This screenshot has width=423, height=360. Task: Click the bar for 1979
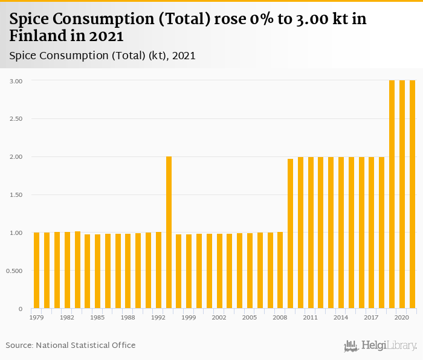36,271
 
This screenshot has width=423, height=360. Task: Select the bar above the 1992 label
158,271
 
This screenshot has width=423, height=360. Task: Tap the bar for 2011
311,233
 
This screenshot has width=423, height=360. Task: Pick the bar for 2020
402,194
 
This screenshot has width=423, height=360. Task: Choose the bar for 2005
250,271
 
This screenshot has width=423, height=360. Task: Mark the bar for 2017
372,233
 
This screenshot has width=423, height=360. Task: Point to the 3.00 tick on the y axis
16,80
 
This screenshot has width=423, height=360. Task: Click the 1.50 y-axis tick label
16,194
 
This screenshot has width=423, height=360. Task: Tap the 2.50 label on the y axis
16,118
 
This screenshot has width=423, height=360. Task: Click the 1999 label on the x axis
189,317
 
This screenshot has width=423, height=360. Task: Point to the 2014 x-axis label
341,317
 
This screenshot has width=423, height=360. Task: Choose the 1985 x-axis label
97,317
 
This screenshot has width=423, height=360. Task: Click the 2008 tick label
280,317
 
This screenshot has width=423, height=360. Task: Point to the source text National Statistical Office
86,345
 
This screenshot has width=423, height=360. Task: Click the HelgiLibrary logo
381,346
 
